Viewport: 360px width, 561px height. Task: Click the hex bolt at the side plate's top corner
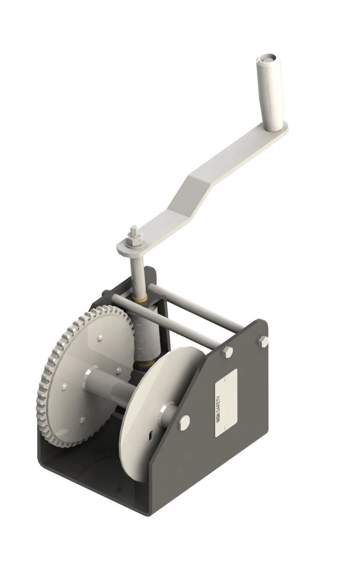click(264, 341)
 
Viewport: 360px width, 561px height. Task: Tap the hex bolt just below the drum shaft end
click(184, 422)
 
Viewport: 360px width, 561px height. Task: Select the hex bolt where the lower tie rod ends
click(227, 352)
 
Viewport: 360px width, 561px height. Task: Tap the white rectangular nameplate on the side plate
click(226, 403)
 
